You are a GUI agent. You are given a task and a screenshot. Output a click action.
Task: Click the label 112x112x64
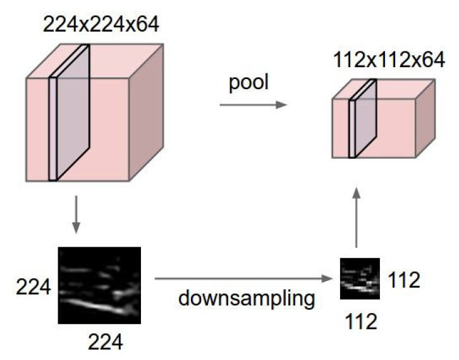tap(377, 61)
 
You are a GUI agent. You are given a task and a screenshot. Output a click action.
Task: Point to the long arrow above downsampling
tap(243, 278)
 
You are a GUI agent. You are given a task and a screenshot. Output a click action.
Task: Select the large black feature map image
tap(99, 285)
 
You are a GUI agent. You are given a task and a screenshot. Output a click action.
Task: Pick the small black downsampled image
tap(360, 278)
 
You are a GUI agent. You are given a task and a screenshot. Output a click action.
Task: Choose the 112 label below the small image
tap(361, 321)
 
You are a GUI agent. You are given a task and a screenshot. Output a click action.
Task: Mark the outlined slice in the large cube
tap(70, 114)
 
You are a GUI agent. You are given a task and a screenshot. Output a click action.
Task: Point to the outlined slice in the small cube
tap(362, 118)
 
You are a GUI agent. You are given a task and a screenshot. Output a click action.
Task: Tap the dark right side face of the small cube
tap(425, 120)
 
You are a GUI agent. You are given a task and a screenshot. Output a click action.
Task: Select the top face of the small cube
tap(386, 89)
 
